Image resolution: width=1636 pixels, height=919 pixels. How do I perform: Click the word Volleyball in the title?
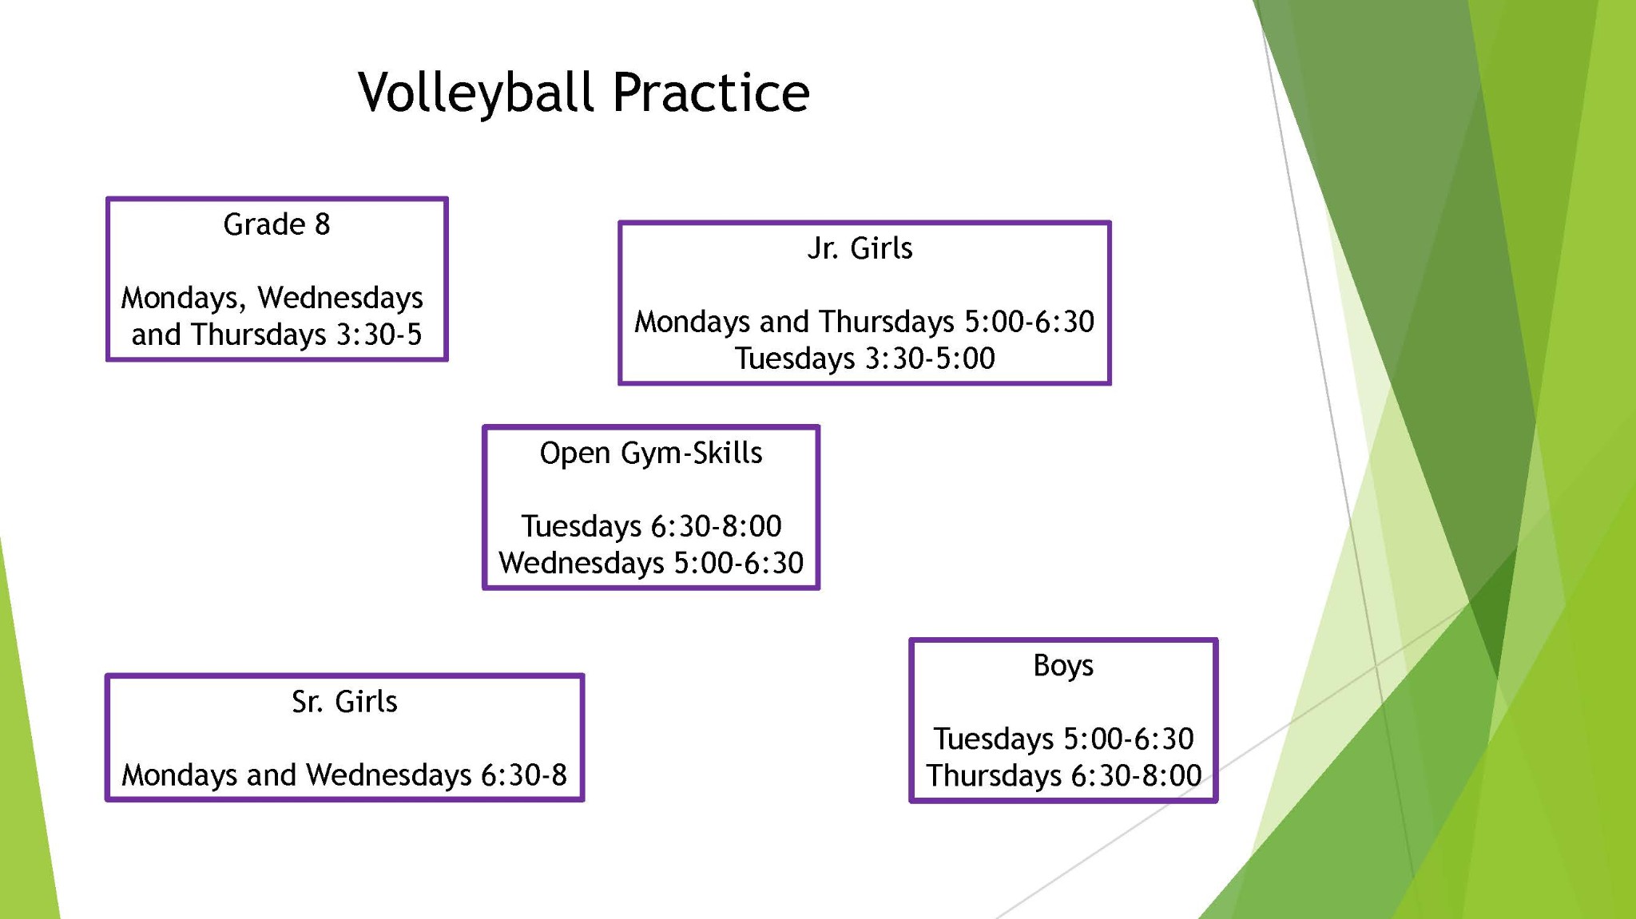[x=476, y=93]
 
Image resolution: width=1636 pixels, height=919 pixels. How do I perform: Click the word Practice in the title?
[x=711, y=92]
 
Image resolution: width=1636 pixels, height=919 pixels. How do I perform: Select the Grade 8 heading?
[x=276, y=224]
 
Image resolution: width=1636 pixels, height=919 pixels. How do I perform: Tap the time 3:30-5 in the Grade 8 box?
[x=379, y=335]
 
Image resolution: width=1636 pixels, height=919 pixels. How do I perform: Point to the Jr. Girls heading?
[x=860, y=248]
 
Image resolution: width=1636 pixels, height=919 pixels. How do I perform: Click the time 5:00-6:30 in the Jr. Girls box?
[x=1029, y=322]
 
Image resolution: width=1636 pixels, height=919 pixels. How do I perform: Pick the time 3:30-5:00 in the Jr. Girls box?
[x=930, y=358]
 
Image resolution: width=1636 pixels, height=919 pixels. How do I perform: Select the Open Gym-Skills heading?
[x=651, y=454]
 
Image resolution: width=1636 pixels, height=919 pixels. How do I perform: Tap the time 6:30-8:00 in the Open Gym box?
[x=716, y=526]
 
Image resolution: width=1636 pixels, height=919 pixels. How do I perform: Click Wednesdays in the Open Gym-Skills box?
[x=582, y=563]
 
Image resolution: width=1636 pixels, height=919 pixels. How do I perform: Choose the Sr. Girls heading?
[x=344, y=702]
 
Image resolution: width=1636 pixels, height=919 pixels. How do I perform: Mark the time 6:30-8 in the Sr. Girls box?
[x=524, y=775]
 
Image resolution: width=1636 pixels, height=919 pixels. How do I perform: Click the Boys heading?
[x=1063, y=665]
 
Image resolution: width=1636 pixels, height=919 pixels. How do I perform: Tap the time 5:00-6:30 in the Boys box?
[x=1128, y=739]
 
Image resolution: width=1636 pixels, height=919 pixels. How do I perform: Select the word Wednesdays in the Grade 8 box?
[x=340, y=299]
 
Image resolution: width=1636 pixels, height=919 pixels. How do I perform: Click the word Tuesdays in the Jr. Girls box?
[x=795, y=359]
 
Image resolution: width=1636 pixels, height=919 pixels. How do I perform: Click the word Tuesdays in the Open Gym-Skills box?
[x=582, y=527]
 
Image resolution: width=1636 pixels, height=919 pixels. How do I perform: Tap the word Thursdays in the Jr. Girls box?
[x=887, y=323]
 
